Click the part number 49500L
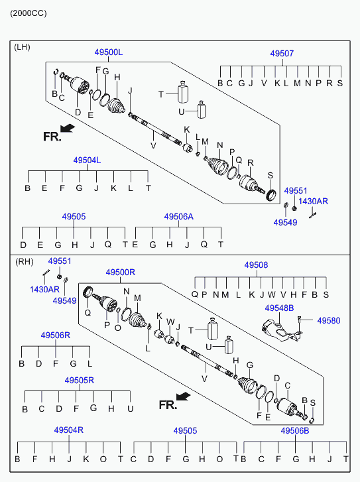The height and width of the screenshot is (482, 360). pyautogui.click(x=109, y=52)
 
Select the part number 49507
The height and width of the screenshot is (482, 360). pyautogui.click(x=282, y=54)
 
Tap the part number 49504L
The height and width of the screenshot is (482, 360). pyautogui.click(x=87, y=160)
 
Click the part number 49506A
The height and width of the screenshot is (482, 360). pyautogui.click(x=178, y=217)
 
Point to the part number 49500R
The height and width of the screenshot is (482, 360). pyautogui.click(x=121, y=272)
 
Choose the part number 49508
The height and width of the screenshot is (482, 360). pyautogui.click(x=256, y=265)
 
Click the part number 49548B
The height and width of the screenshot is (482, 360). pyautogui.click(x=280, y=308)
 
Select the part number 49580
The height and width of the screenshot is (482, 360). pyautogui.click(x=329, y=321)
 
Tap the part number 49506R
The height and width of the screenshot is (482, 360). pyautogui.click(x=56, y=335)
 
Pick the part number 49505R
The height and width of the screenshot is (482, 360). pyautogui.click(x=80, y=381)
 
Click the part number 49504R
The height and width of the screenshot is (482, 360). pyautogui.click(x=69, y=430)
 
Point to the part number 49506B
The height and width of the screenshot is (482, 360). pyautogui.click(x=295, y=431)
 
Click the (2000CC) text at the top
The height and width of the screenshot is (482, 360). pyautogui.click(x=29, y=13)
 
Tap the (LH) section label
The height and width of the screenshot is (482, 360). pyautogui.click(x=22, y=47)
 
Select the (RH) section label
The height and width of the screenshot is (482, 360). pyautogui.click(x=25, y=262)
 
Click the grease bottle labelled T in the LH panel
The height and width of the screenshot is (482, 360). pyautogui.click(x=183, y=92)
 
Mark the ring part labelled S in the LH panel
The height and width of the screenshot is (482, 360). pyautogui.click(x=271, y=195)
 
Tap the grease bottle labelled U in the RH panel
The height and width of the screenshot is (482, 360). pyautogui.click(x=229, y=345)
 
